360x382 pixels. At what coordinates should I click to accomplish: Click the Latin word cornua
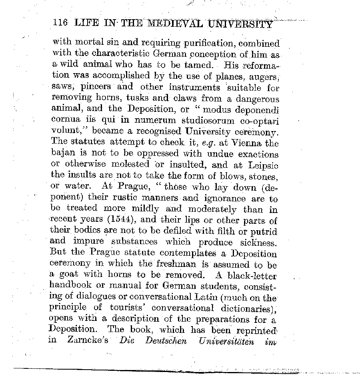[66, 119]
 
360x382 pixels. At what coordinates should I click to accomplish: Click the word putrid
[264, 231]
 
